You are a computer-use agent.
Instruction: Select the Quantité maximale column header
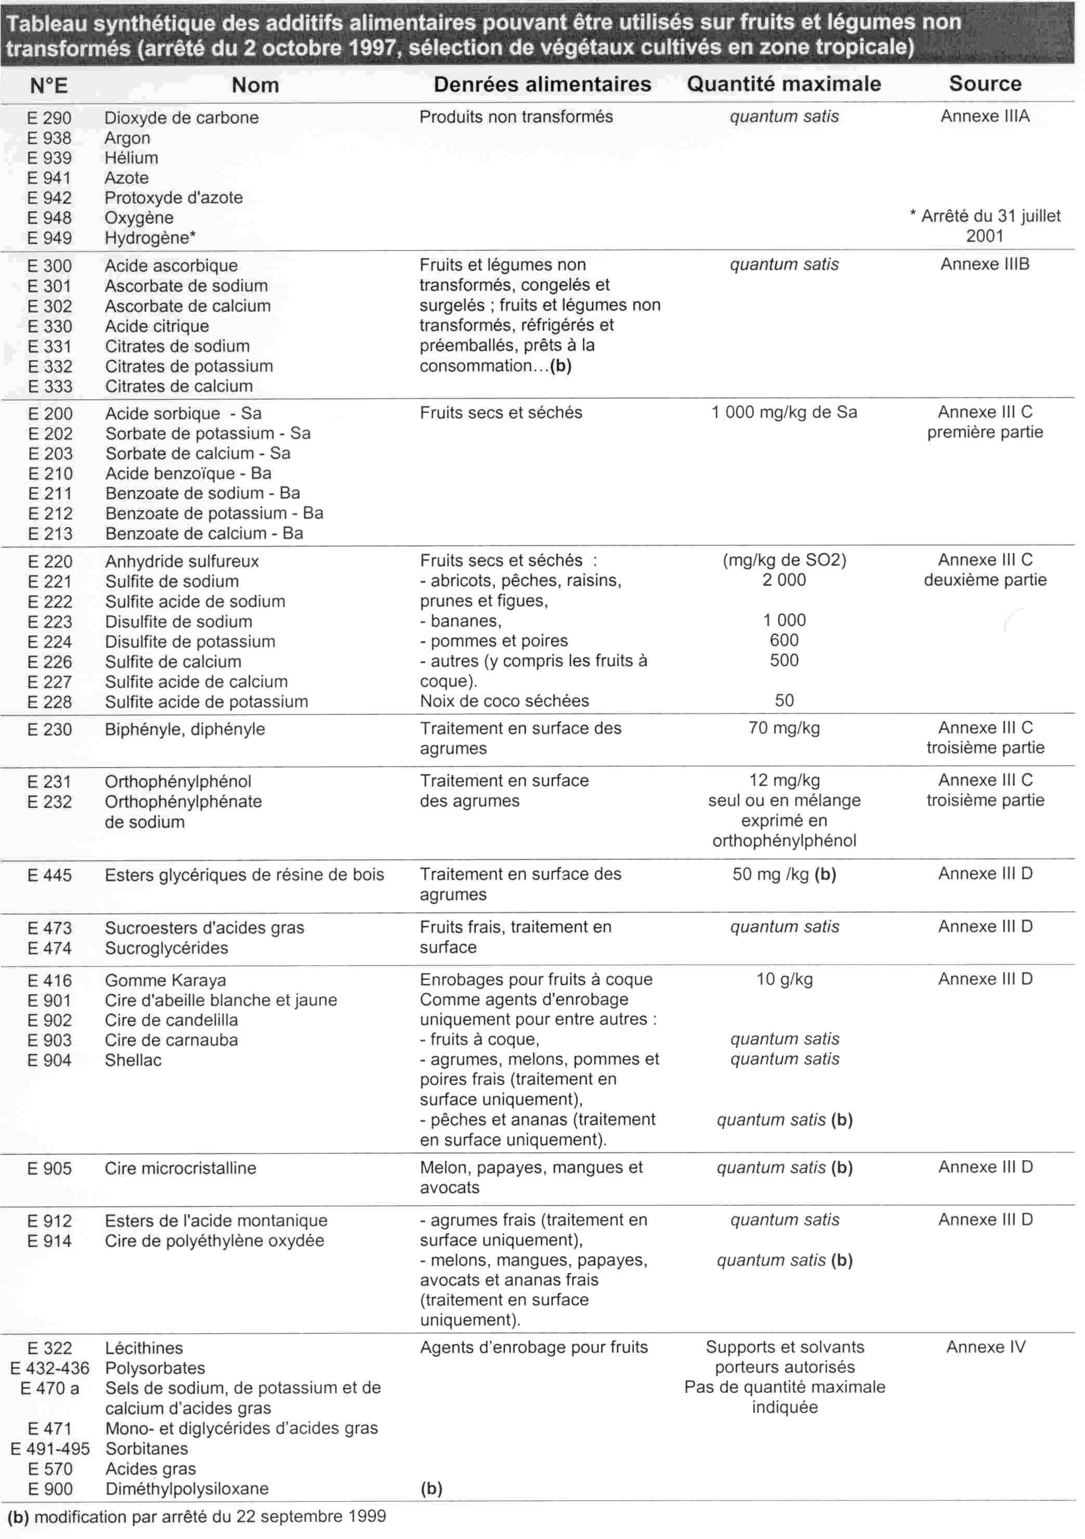[783, 84]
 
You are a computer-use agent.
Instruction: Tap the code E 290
[49, 118]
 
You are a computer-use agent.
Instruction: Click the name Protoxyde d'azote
[173, 198]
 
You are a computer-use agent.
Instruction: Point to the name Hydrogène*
[150, 238]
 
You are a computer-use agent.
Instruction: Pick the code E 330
[49, 326]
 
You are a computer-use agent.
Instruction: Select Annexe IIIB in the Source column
[985, 264]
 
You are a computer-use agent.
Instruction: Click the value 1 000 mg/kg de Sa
[783, 412]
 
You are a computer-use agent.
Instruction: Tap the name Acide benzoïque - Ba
[188, 473]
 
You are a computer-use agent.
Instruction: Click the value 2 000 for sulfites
[783, 580]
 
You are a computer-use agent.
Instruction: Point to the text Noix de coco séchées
[504, 701]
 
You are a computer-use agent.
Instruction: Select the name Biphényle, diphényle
[185, 729]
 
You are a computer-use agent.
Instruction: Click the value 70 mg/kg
[783, 728]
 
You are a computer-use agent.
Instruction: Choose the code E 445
[49, 875]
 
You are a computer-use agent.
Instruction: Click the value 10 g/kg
[784, 979]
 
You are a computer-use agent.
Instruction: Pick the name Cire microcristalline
[180, 1168]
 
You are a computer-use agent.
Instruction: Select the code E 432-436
[49, 1368]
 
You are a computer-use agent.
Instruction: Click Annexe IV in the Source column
[985, 1347]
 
